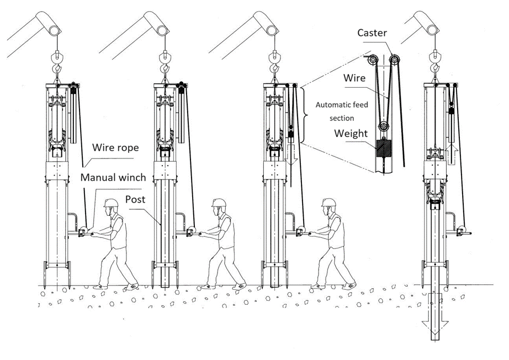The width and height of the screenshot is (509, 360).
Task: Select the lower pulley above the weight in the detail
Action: [x=381, y=128]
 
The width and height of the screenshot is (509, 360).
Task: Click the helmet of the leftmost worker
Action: [x=111, y=203]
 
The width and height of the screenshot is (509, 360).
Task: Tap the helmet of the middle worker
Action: [x=219, y=203]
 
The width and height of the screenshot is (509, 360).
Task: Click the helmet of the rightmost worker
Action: [x=329, y=203]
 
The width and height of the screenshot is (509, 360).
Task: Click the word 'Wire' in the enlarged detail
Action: [x=354, y=78]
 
